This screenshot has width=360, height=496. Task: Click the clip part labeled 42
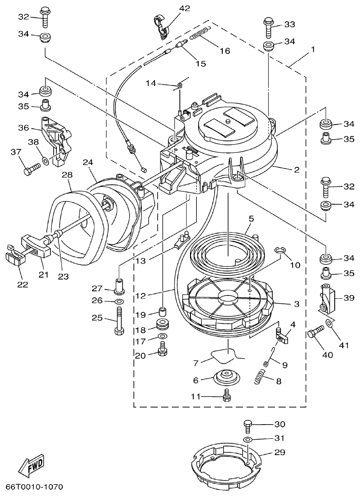pos(160,27)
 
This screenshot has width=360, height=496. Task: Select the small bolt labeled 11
pos(227,396)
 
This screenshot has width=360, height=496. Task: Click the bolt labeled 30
pos(248,426)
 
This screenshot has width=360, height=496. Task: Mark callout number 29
pos(279,453)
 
